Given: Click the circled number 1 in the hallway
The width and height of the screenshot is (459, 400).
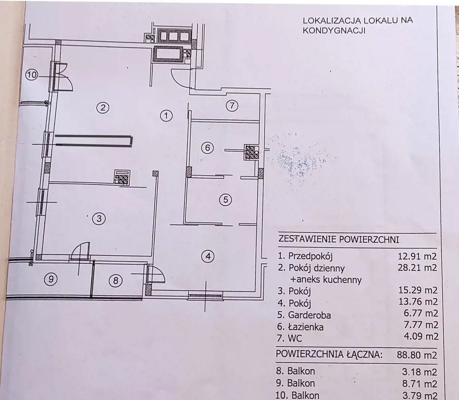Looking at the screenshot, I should coord(166,116).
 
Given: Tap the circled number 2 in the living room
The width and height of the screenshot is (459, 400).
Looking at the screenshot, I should coord(103,108).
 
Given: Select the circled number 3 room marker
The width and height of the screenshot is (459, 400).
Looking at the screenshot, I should coord(99,218).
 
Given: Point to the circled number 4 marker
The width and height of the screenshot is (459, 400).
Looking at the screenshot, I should coord(208,256).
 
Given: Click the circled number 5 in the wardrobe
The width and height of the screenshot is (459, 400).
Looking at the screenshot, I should coord(226,199).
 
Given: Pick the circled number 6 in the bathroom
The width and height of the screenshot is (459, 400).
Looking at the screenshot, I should coord(208,148).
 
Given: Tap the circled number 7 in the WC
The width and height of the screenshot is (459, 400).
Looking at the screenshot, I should coord(232,106).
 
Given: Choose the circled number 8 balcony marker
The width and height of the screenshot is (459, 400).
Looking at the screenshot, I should coord(115,280).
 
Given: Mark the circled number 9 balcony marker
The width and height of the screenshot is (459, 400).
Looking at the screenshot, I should coord(51,279).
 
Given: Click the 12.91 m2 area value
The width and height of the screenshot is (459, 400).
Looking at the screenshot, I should coord(417,256).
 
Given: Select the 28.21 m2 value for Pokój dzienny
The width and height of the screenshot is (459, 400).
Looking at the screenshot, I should coord(417,268).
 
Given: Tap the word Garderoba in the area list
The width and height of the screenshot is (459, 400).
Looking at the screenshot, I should coord(309,315).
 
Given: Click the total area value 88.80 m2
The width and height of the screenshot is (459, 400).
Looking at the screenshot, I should coord(417,355).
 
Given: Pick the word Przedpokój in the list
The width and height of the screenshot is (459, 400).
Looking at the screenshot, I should coord(311,256).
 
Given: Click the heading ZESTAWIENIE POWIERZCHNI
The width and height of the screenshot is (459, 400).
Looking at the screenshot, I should coord(339,239).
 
